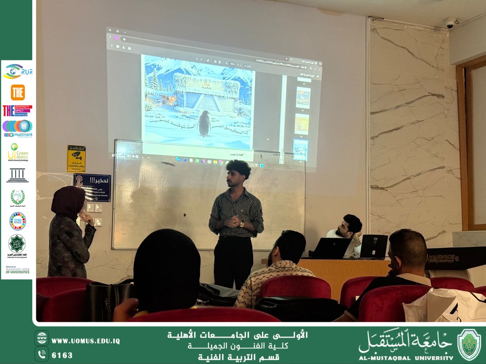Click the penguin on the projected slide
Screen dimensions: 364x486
[x=204, y=124]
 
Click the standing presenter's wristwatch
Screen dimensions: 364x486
[x=241, y=224]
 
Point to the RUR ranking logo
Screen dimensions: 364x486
[x=18, y=72]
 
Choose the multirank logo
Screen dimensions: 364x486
[x=18, y=129]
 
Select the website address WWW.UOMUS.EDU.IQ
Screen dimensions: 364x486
[x=86, y=341]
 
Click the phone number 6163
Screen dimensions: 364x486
[x=62, y=355]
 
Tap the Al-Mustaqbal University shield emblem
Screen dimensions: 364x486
[x=469, y=345]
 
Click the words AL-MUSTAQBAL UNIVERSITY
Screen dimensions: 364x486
[x=406, y=358]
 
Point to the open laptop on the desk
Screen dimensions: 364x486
[x=333, y=247]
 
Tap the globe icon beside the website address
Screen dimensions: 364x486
[x=42, y=339]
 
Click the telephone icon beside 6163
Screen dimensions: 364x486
[x=42, y=354]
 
